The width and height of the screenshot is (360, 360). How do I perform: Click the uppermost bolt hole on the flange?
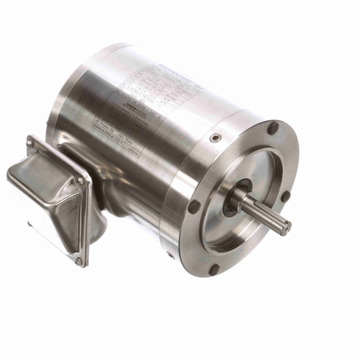click(273, 128)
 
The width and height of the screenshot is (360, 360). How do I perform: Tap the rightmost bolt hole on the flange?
click(286, 196)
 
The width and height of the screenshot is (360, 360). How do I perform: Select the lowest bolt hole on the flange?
click(214, 269)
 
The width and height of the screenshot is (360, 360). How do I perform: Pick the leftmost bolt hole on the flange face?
click(194, 205)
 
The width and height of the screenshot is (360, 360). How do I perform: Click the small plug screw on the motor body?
click(214, 138)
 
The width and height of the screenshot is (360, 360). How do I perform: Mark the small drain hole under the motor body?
click(170, 254)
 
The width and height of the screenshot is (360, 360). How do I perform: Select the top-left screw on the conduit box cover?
click(30, 143)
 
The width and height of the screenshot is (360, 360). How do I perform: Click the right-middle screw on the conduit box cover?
click(81, 181)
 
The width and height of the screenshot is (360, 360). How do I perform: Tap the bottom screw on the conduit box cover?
click(78, 261)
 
